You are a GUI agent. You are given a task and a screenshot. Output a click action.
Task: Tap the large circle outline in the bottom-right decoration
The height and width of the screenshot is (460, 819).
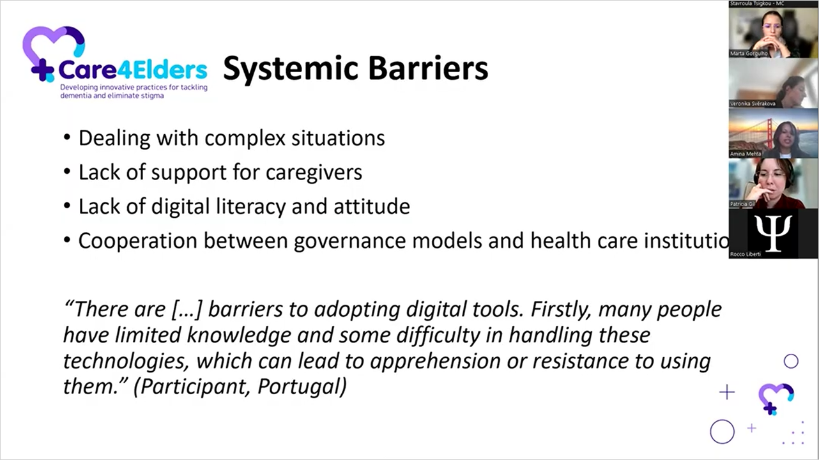tap(722, 432)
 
